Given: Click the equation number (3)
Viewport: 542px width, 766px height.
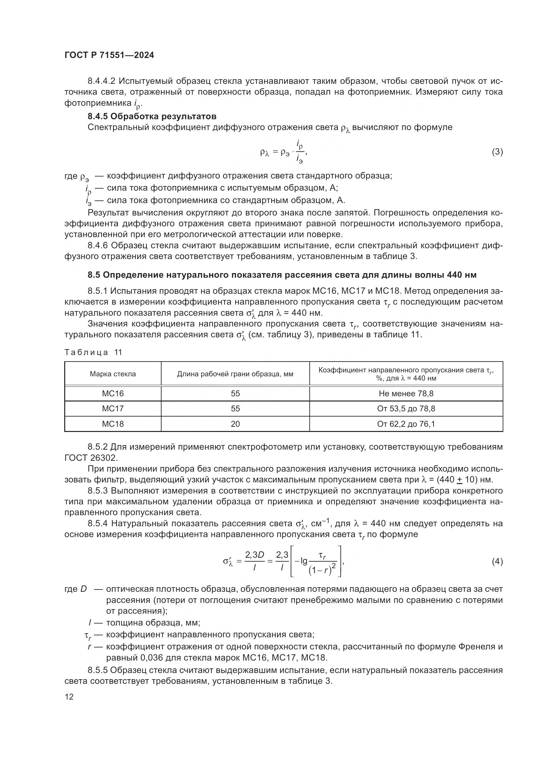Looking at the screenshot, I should click(x=497, y=152).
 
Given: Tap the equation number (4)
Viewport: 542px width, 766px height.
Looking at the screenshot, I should click(x=497, y=562).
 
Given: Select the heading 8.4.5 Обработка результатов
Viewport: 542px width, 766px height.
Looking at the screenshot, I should click(x=152, y=117).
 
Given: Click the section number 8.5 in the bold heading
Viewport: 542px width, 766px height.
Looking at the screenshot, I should click(x=94, y=275).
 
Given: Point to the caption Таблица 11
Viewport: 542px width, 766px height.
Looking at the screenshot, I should click(x=93, y=352).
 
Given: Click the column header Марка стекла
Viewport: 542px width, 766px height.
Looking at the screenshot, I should click(x=113, y=374).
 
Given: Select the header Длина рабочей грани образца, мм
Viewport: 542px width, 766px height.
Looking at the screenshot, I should click(x=235, y=374).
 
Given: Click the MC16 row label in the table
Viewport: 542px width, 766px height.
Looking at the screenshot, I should click(x=113, y=394).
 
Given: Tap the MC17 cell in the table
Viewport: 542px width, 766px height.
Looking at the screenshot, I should click(x=113, y=409).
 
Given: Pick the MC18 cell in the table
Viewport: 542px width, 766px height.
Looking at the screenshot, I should click(x=113, y=424).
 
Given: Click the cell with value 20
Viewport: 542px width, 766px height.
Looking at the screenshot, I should click(x=235, y=424).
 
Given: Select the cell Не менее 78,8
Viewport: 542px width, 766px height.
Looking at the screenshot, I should click(x=406, y=394).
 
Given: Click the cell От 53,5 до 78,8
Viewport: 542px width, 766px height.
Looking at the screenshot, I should click(x=406, y=409).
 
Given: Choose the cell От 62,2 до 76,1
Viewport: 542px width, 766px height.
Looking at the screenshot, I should click(x=406, y=424).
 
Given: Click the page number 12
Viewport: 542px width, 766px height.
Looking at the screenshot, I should click(x=69, y=697).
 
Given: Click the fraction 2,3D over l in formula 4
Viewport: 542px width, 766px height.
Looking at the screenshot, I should click(x=254, y=561).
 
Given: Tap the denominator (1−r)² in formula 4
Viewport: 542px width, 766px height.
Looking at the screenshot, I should click(x=322, y=570).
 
